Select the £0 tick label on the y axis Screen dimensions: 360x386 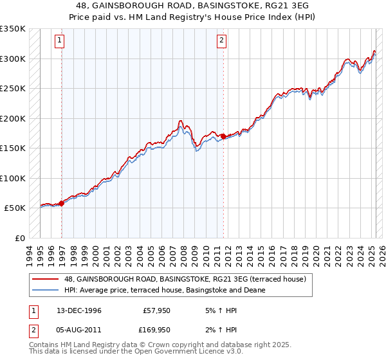(19, 238)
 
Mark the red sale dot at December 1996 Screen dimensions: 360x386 (62, 203)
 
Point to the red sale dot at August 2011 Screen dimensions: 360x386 (223, 136)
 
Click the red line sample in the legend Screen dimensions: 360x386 (46, 278)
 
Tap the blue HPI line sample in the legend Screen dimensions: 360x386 (46, 290)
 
